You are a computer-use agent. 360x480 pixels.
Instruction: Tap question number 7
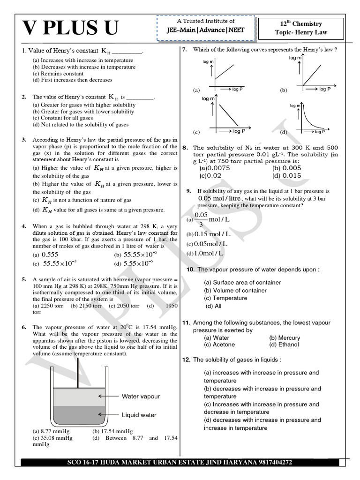click(185, 50)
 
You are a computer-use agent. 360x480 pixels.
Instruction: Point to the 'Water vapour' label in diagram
click(141, 396)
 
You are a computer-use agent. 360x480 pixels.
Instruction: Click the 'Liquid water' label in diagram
click(139, 415)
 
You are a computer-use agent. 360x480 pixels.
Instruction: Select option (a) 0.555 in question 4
click(45, 255)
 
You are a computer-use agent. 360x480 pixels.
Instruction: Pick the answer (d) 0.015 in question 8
click(287, 176)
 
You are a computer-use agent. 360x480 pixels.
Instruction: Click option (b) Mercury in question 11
click(285, 337)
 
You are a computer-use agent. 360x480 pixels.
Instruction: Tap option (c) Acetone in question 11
click(219, 345)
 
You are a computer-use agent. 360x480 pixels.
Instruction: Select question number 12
click(186, 360)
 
